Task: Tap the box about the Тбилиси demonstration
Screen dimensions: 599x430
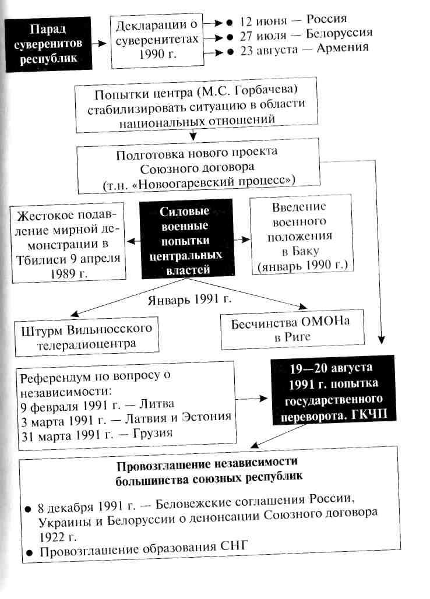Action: [x=69, y=240]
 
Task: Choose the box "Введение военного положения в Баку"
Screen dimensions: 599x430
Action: [x=301, y=237]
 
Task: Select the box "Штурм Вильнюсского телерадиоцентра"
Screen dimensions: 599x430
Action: [x=87, y=336]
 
